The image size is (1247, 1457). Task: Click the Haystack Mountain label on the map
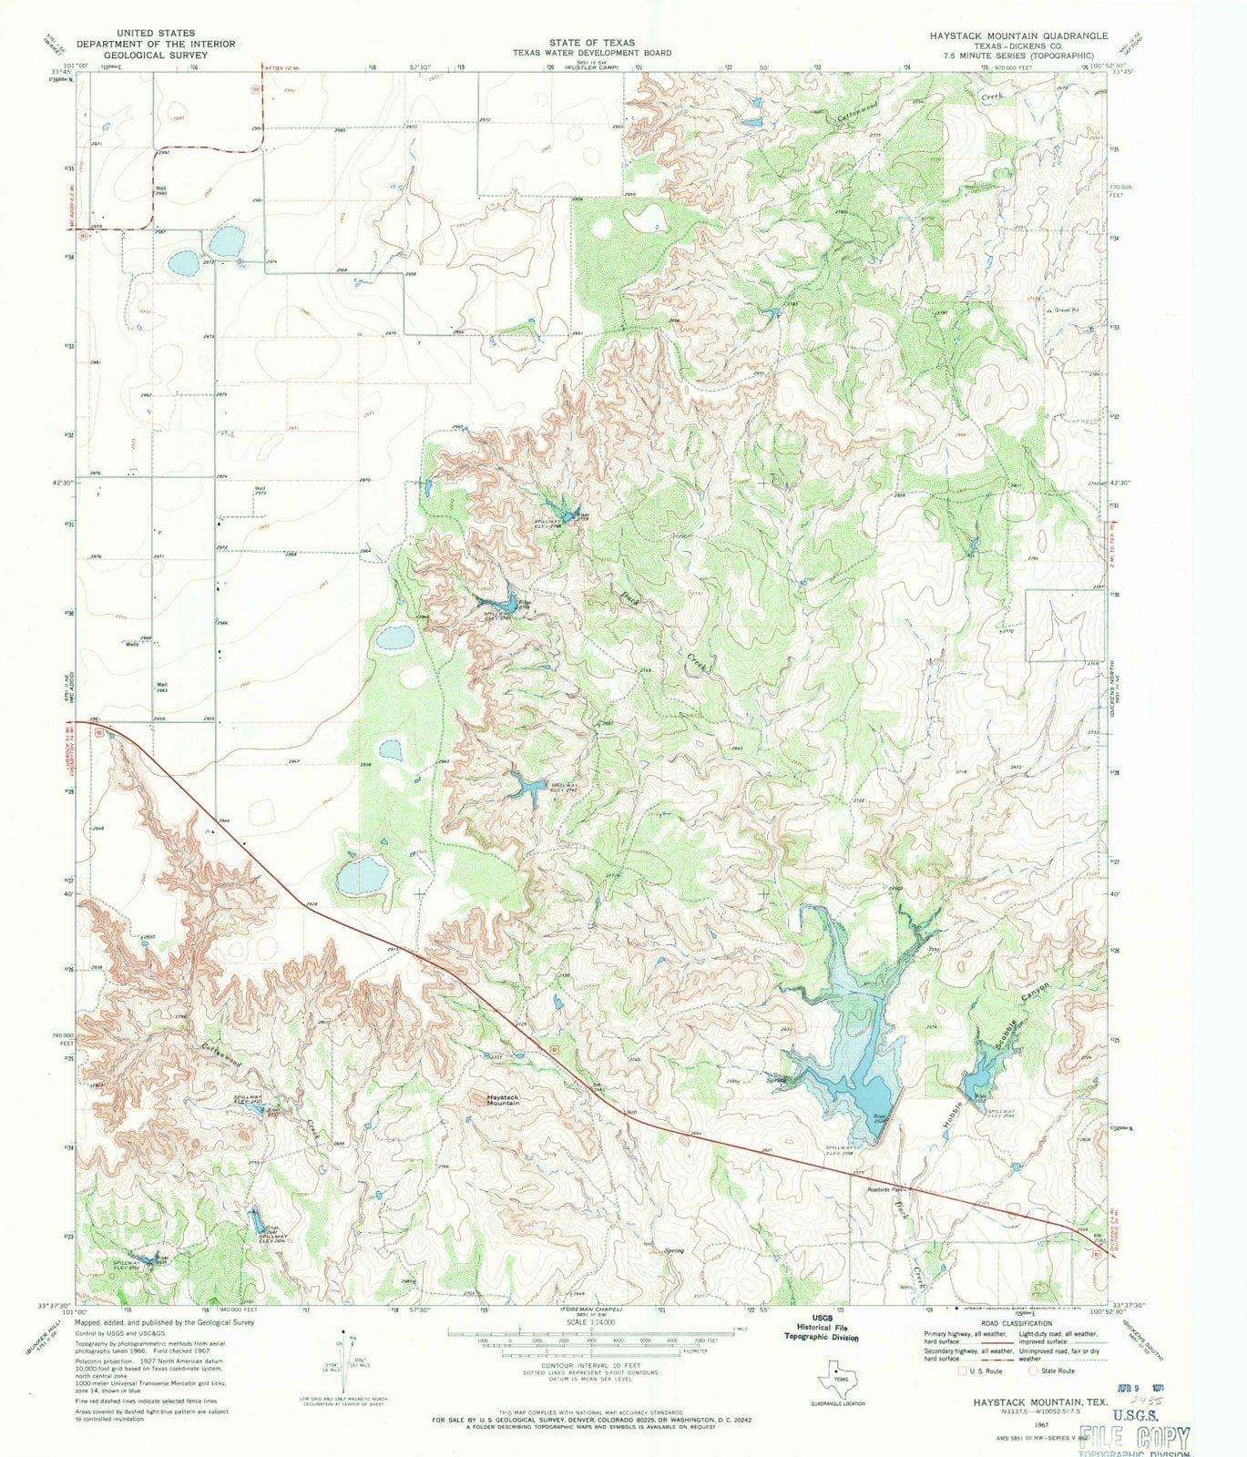click(x=503, y=1101)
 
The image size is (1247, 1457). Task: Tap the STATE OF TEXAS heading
click(x=591, y=43)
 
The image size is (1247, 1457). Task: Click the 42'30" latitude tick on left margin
click(x=60, y=483)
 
